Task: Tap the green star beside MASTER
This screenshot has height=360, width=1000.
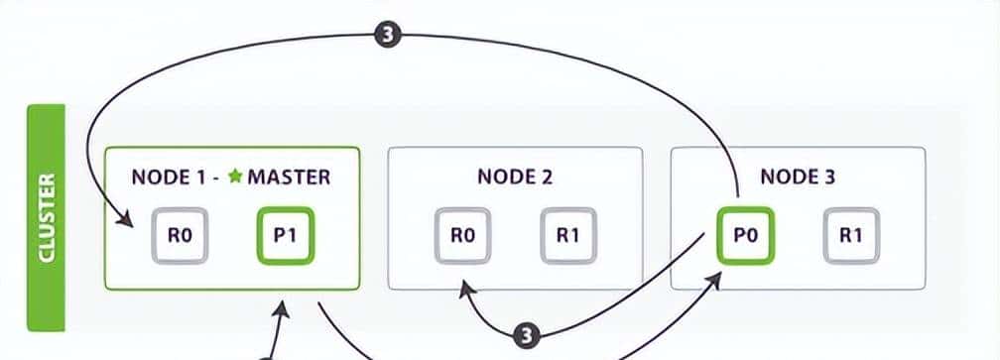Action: [x=234, y=178]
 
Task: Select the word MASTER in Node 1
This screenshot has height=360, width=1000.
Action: [x=289, y=178]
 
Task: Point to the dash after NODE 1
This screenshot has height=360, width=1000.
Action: [x=216, y=178]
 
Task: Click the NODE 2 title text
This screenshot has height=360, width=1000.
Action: [x=514, y=178]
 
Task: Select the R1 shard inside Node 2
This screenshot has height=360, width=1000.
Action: [x=567, y=237]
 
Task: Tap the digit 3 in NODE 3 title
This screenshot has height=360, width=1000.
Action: [x=831, y=178]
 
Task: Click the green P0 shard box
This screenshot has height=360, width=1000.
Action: [x=746, y=237]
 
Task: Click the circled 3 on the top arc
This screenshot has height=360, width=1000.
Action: [x=388, y=35]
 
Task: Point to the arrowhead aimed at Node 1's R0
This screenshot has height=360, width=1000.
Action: [x=127, y=221]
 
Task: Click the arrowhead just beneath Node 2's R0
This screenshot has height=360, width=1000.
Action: [x=463, y=287]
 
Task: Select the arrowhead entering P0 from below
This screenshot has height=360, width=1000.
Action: [x=716, y=281]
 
